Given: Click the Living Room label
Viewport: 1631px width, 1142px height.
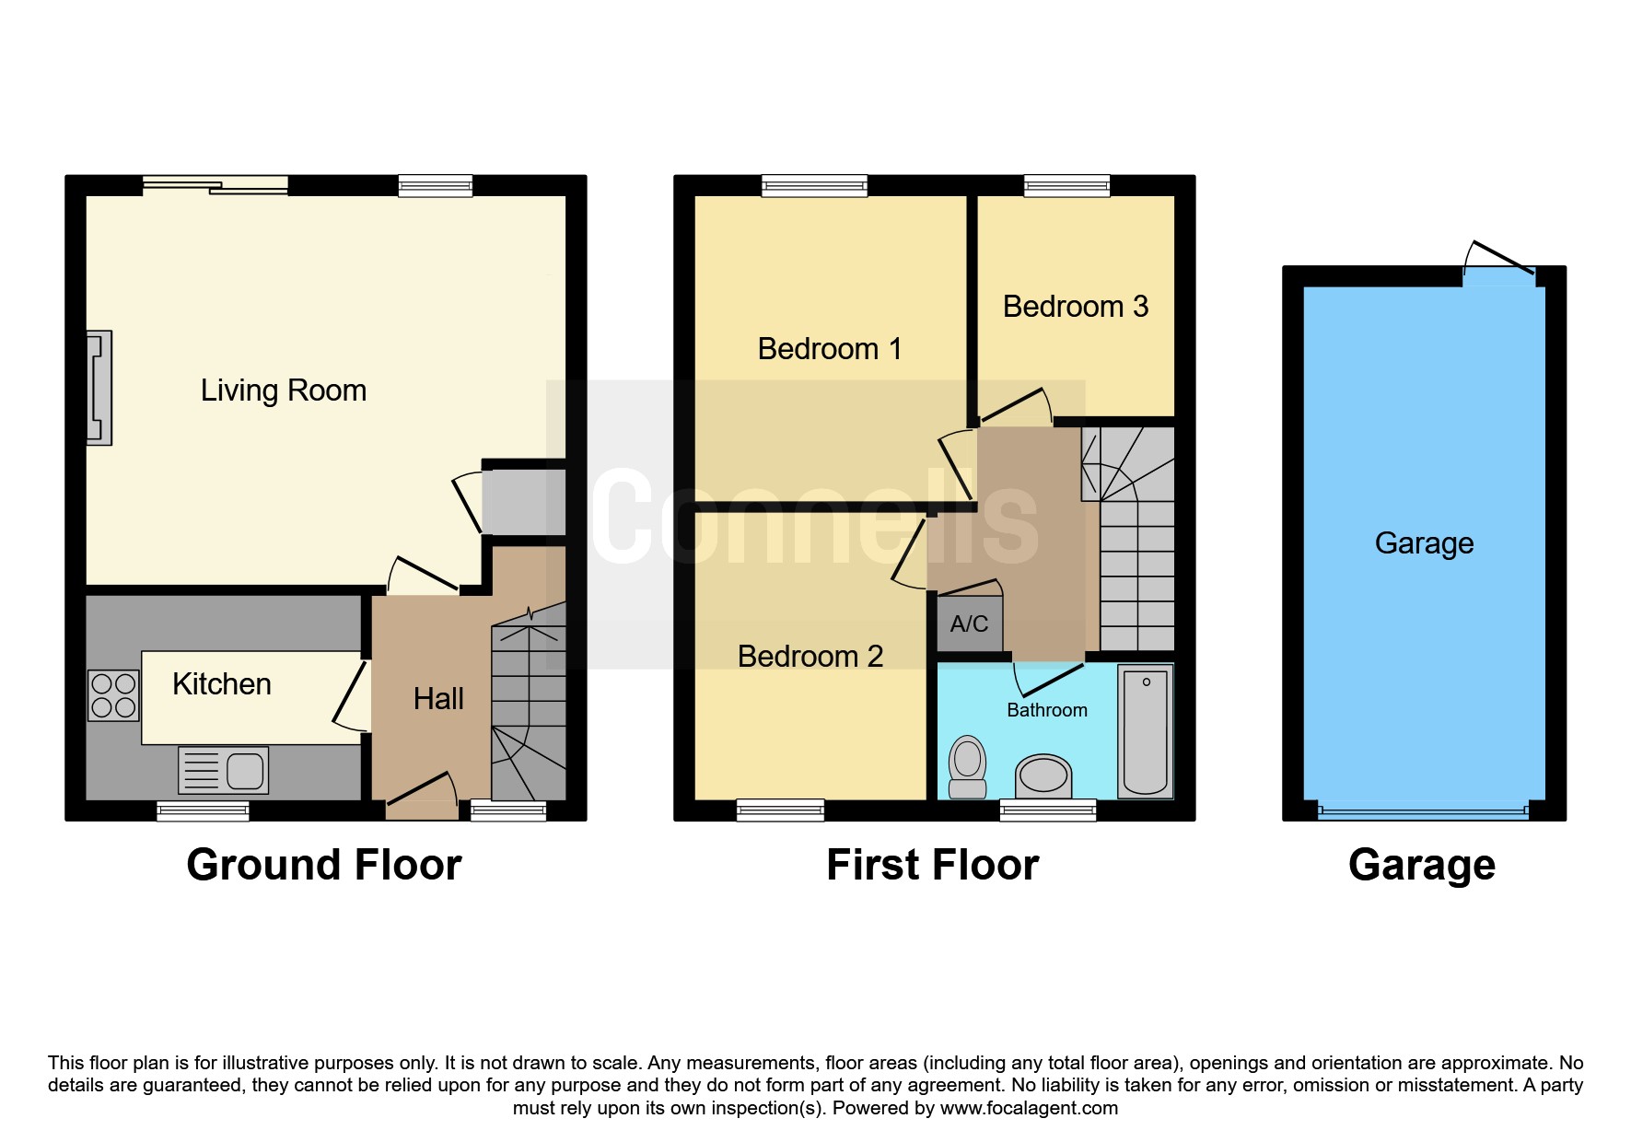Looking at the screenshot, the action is tap(284, 390).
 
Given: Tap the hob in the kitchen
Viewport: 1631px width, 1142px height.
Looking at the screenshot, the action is tap(113, 695).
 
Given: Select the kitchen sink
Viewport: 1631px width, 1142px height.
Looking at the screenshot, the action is tap(223, 770).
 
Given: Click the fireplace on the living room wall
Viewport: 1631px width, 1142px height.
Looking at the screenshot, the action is tap(99, 388).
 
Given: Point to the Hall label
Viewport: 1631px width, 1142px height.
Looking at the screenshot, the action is tap(438, 699).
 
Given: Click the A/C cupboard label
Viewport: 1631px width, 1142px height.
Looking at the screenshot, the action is tap(969, 624).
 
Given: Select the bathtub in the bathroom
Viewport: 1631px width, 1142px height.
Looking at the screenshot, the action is tap(1146, 731).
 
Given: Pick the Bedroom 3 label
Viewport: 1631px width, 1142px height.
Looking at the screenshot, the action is tap(1076, 307).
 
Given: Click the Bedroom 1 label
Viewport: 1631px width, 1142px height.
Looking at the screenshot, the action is tap(830, 349).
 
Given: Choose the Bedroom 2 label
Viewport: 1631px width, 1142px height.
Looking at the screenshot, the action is tap(810, 657).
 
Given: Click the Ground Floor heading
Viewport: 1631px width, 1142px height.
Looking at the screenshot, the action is tap(324, 866).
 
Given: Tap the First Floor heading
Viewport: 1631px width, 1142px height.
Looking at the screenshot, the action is tap(933, 866).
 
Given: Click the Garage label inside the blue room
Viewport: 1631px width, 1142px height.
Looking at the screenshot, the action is tap(1424, 543).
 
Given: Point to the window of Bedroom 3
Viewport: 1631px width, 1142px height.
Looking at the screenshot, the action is tap(1066, 186).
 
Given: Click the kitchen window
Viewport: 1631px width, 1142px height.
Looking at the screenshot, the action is tap(203, 810).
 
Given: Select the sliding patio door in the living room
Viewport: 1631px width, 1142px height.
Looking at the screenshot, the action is tap(216, 185).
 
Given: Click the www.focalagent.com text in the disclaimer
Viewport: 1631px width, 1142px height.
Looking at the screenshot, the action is tap(1029, 1108).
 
